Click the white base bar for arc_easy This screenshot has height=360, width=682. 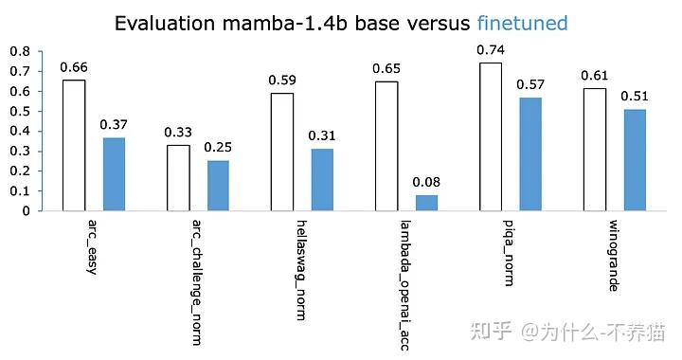coord(74,145)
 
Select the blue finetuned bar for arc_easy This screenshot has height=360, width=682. coord(114,174)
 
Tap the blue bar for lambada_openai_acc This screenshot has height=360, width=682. coord(426,203)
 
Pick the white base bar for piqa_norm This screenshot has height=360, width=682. coord(491,136)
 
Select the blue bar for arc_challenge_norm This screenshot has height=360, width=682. coord(218,186)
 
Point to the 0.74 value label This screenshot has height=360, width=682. coord(491,49)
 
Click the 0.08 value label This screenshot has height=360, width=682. coord(426,182)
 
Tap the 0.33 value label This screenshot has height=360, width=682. coord(178,132)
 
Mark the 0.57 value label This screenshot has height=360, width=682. coord(530,84)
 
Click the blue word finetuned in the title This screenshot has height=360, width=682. coord(514,23)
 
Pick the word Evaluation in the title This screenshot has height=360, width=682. coord(160,23)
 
